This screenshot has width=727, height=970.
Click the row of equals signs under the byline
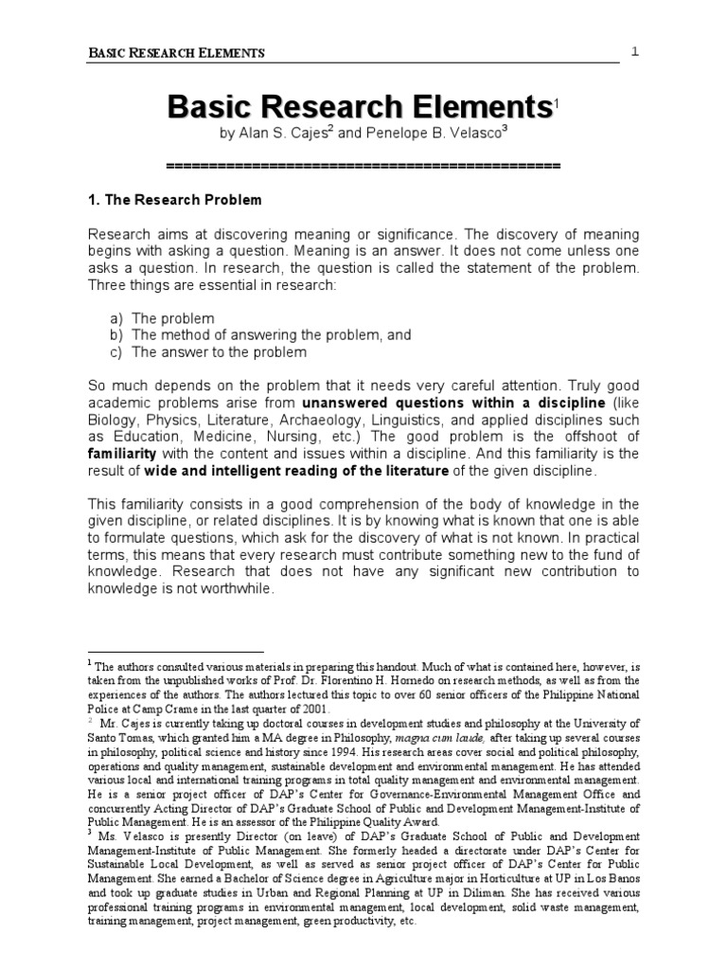click(363, 166)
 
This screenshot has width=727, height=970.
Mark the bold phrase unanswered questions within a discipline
click(425, 403)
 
